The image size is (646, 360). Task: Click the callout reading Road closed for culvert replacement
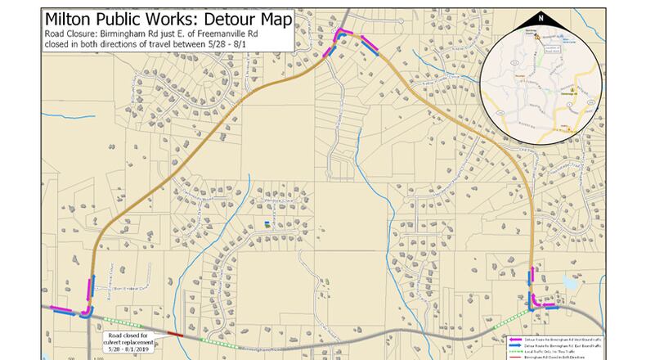click(127, 337)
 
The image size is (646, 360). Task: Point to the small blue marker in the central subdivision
click(267, 223)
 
